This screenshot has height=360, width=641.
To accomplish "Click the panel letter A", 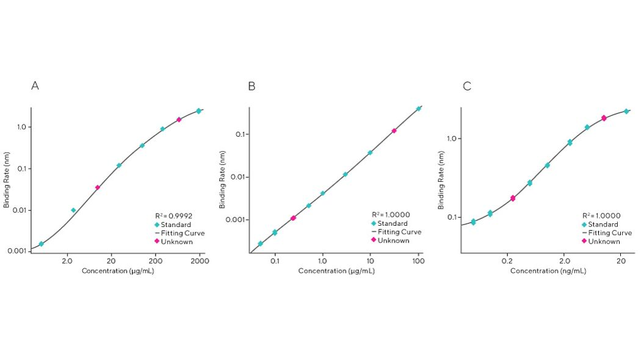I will click(35, 86).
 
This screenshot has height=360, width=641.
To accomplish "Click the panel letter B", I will click(252, 86).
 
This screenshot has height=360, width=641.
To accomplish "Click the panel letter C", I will click(467, 86).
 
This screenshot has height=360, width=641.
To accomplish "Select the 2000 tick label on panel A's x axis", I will click(200, 261).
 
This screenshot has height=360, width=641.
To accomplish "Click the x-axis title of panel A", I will click(118, 270).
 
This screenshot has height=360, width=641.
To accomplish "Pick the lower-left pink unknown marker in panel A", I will click(98, 187).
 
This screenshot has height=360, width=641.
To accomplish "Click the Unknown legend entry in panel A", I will click(176, 242).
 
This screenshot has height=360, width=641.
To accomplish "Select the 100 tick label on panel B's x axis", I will click(418, 262).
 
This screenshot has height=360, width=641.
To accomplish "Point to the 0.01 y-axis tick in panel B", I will click(235, 177).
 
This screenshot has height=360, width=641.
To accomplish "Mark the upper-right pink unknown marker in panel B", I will click(394, 131).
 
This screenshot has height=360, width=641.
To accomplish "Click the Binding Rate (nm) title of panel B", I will click(223, 179).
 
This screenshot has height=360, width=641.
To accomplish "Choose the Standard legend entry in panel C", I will click(604, 225).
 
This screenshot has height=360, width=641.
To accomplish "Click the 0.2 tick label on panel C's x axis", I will click(507, 261).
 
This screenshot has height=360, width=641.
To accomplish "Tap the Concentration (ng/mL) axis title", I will click(548, 270).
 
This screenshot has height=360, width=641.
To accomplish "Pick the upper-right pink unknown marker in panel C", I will click(604, 118).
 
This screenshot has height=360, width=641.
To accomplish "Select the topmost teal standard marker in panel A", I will click(198, 111).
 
